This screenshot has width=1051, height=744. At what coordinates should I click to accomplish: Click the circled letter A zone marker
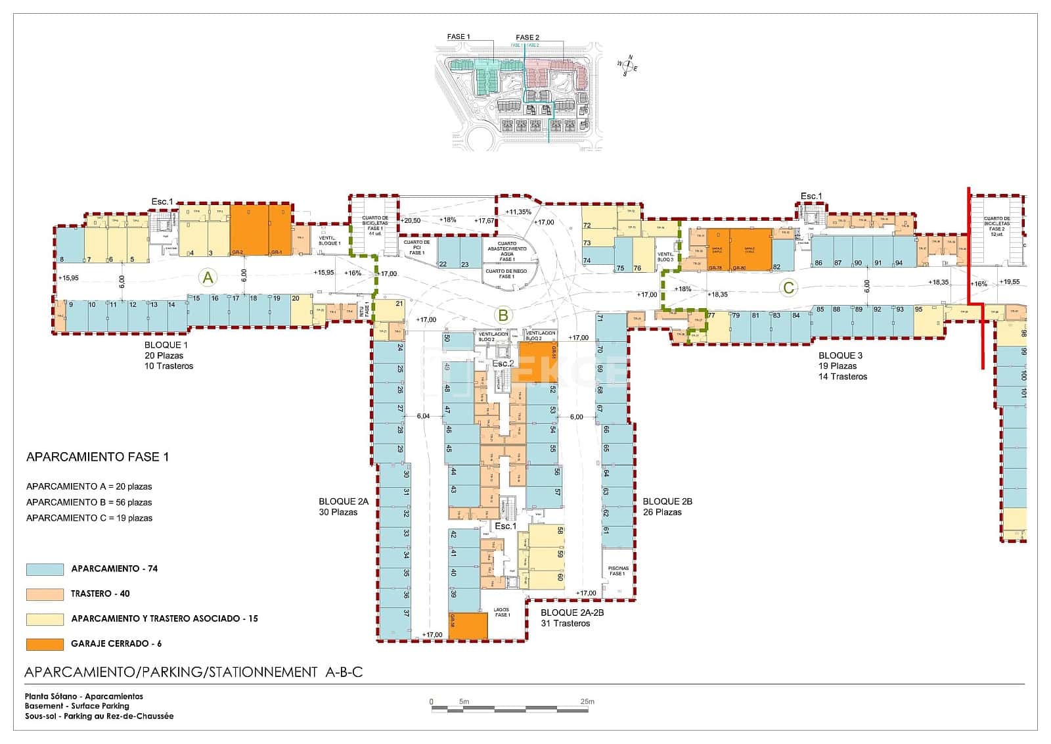point(208,278)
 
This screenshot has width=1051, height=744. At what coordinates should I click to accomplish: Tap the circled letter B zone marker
point(503,315)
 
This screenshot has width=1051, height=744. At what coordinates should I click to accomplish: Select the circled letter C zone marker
point(789,287)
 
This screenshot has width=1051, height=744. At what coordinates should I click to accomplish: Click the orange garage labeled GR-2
point(248,230)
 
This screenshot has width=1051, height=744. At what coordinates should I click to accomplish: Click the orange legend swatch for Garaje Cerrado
point(45,644)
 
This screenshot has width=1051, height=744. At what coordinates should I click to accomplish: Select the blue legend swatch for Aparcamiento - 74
point(45,569)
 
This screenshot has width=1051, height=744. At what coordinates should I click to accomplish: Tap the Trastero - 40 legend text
point(100,593)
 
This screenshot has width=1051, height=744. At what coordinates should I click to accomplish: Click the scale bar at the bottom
point(512,709)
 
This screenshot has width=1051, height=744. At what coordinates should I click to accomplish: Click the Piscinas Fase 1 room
point(618,572)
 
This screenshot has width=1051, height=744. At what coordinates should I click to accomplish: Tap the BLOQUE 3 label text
point(840,356)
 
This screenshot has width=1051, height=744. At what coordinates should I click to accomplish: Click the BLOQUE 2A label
point(343,501)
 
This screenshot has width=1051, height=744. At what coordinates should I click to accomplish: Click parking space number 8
point(69,246)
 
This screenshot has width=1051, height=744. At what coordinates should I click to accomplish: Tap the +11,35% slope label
point(518,212)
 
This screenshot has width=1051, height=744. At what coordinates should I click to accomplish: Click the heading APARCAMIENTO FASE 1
point(97,457)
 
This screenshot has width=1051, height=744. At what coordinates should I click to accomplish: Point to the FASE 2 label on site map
point(527,37)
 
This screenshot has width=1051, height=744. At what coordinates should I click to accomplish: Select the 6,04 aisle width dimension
point(423,416)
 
